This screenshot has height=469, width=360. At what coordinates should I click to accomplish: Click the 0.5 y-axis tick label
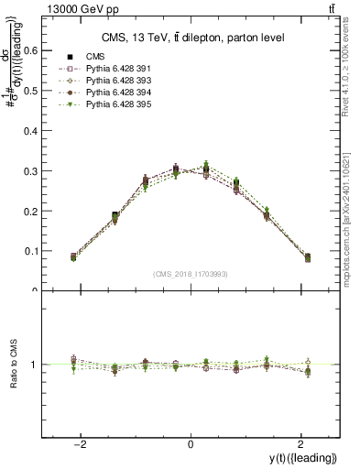[x=29, y=91]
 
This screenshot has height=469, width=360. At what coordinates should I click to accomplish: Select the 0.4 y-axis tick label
[x=29, y=131]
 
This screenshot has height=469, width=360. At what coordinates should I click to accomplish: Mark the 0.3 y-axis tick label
[x=29, y=171]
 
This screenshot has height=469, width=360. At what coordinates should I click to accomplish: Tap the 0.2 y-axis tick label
[x=29, y=211]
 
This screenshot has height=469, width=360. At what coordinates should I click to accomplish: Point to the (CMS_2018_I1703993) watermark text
[x=191, y=274]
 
